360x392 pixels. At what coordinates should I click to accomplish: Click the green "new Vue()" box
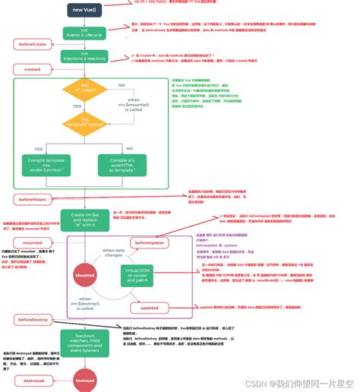pyautogui.click(x=84, y=10)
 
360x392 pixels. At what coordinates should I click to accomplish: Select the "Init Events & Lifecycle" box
pyautogui.click(x=84, y=33)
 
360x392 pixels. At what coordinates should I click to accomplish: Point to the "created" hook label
pyautogui.click(x=32, y=69)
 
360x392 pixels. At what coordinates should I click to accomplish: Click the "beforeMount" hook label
pyautogui.click(x=32, y=198)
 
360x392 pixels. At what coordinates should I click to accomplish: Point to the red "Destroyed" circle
pyautogui.click(x=85, y=380)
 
